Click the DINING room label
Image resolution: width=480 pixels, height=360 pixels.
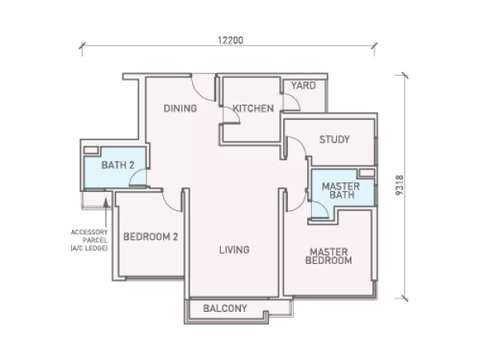click(x=180, y=108)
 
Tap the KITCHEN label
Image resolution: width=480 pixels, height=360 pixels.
click(x=253, y=108)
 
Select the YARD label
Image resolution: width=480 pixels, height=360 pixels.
click(x=303, y=86)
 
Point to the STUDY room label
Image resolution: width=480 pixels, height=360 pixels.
click(x=334, y=139)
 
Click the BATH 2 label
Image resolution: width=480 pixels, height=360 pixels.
click(x=118, y=166)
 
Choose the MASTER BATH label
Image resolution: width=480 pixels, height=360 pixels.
click(x=341, y=190)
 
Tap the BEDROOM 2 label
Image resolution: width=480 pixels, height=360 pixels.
click(x=150, y=237)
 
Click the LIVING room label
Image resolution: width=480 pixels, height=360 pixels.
click(x=234, y=250)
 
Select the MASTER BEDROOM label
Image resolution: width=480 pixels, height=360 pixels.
click(x=329, y=256)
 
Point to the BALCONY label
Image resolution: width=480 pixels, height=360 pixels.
click(x=225, y=308)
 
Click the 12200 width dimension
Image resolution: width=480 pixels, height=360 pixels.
click(x=230, y=41)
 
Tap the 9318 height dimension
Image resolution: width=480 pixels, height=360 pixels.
click(x=399, y=186)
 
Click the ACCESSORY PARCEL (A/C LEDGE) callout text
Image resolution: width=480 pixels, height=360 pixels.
click(x=89, y=240)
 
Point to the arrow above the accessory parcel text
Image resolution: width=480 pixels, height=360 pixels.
click(x=106, y=212)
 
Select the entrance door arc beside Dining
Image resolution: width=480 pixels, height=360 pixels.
click(x=199, y=94)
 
